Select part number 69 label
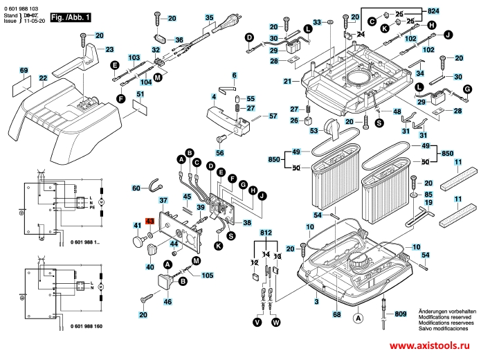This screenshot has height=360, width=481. tap(24, 71)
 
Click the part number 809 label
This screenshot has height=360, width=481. tap(401, 315)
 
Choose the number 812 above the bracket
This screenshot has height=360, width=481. tap(266, 235)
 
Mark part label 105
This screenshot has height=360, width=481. tap(208, 275)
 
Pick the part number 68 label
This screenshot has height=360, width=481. tap(337, 315)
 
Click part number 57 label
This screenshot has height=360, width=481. tap(273, 116)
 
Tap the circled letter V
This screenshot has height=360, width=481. tap(257, 322)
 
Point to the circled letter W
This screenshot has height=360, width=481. tap(277, 322)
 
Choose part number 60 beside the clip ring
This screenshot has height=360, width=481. tap(136, 188)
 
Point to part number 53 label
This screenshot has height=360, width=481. tap(313, 131)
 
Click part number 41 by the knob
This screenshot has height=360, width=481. tap(138, 225)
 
